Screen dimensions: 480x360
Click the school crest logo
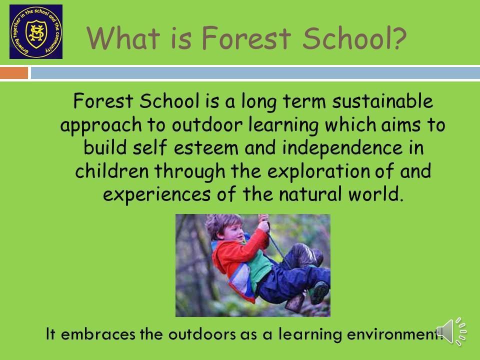[x=36, y=31]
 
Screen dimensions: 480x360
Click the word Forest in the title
[x=246, y=38]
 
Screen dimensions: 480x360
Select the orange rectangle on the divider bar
[x=14, y=73]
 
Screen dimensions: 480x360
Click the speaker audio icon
[x=451, y=331]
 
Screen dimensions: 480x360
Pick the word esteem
[x=206, y=148]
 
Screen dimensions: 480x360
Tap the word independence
[x=342, y=147]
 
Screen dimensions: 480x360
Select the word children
[x=111, y=171]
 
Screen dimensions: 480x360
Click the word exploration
[x=318, y=171]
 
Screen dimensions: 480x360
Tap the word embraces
[x=98, y=333]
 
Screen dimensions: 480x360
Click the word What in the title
[x=123, y=38]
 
